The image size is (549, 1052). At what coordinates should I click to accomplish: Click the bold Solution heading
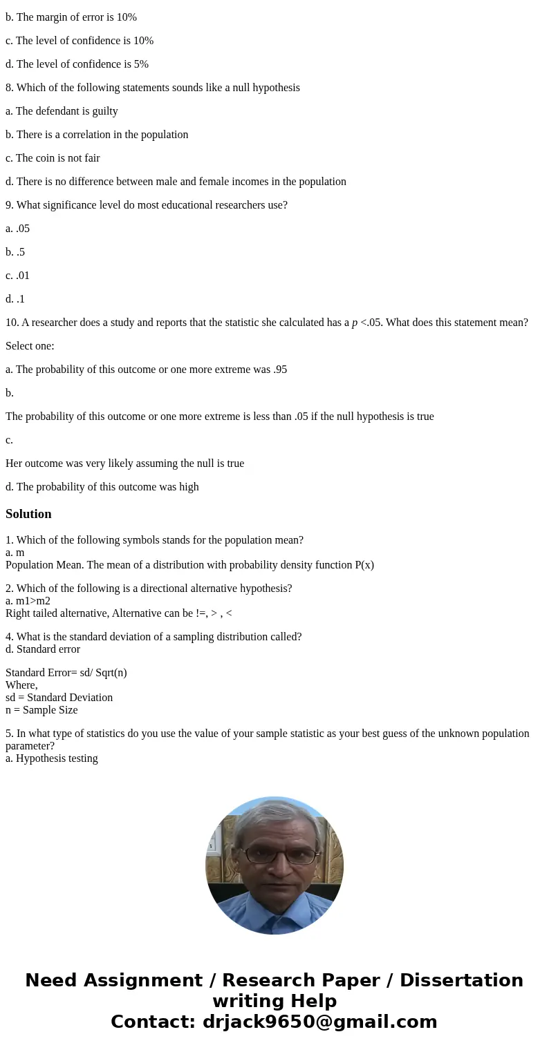tap(28, 514)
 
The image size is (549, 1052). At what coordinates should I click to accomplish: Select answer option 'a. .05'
tap(17, 229)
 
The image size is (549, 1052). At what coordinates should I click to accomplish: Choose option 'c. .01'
tap(17, 276)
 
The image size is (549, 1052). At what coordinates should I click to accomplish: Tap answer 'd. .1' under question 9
tap(15, 299)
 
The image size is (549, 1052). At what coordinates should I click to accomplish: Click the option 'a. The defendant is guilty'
tap(62, 111)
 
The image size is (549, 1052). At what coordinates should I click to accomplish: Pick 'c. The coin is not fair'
tap(53, 158)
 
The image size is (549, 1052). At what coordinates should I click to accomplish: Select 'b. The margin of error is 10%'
tap(71, 17)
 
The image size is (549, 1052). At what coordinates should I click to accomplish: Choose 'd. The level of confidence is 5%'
tap(77, 64)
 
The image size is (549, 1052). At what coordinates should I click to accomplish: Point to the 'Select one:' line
tap(30, 346)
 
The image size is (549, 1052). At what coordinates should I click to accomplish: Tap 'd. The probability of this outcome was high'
tap(102, 487)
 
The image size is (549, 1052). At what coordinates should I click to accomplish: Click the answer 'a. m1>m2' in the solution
tap(28, 601)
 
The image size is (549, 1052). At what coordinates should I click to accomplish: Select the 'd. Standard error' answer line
tap(43, 649)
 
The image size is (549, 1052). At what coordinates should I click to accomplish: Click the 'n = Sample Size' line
tap(41, 710)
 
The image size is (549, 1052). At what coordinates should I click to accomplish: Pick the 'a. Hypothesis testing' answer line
tap(52, 758)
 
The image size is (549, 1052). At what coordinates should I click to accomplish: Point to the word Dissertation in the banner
tap(461, 981)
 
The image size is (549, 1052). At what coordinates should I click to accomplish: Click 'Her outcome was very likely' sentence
tap(124, 463)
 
